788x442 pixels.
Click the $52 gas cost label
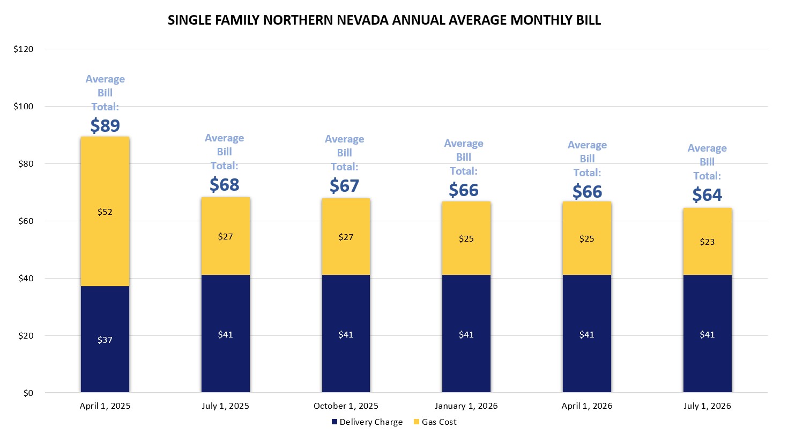(105, 212)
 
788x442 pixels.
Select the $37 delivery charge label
(105, 340)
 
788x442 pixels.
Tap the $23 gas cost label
(707, 242)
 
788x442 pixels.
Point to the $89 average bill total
(105, 125)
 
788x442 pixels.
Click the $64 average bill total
(707, 194)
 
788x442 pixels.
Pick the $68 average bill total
(224, 184)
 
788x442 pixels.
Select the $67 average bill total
(344, 185)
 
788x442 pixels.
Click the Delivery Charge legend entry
(367, 422)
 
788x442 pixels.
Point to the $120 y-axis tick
(24, 49)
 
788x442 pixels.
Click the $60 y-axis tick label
(25, 221)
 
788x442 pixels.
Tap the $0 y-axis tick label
(28, 393)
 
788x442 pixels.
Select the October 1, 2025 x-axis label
(346, 406)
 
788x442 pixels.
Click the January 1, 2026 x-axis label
(466, 406)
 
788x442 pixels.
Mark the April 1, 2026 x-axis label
(586, 406)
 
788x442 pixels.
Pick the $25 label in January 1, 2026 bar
(466, 238)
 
